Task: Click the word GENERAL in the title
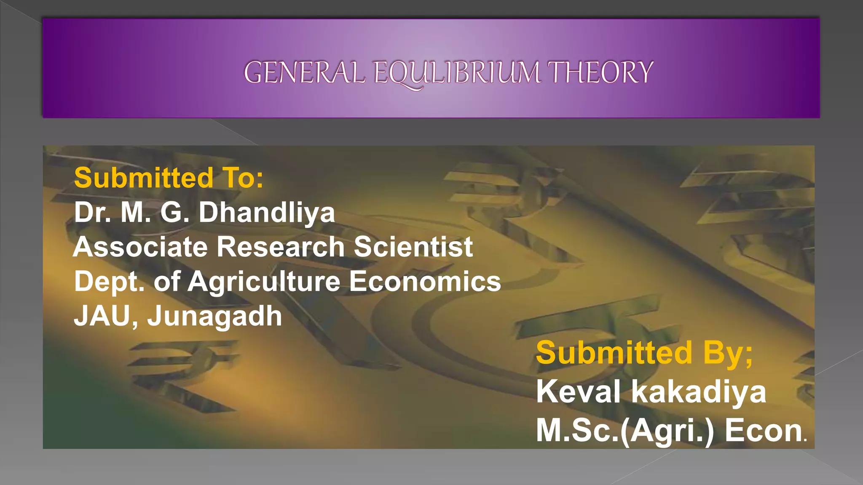pyautogui.click(x=304, y=72)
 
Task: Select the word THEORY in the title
pyautogui.click(x=600, y=72)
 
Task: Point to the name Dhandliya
pyautogui.click(x=267, y=212)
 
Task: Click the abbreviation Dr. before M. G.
pyautogui.click(x=93, y=212)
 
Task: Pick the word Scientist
pyautogui.click(x=413, y=247)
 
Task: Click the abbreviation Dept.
pyautogui.click(x=109, y=281)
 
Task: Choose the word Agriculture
pyautogui.click(x=264, y=282)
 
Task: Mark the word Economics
pyautogui.click(x=425, y=281)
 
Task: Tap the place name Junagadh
pyautogui.click(x=214, y=317)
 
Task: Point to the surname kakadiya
pyautogui.click(x=698, y=392)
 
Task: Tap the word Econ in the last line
pyautogui.click(x=764, y=431)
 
